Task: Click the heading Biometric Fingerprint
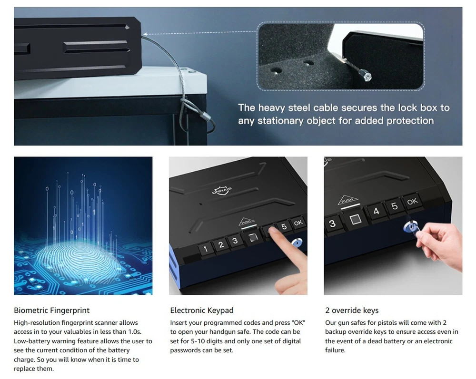point(51,310)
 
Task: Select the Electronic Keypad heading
point(201,310)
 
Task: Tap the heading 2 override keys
point(352,310)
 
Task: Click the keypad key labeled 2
point(221,245)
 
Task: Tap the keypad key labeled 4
point(376,211)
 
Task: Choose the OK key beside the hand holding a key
point(412,202)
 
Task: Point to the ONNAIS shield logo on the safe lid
point(222,190)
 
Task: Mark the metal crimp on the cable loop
point(206,116)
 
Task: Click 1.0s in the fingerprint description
point(133,332)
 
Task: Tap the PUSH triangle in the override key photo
point(348,200)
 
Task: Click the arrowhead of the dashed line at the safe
point(145,34)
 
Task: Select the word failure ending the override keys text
point(335,350)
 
